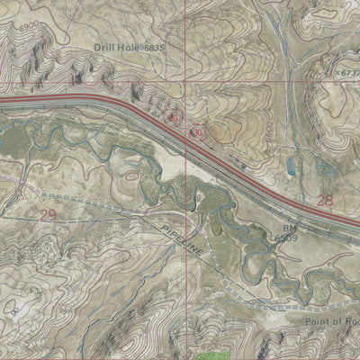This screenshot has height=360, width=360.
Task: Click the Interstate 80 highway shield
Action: click(x=176, y=118)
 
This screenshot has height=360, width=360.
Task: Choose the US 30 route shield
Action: click(x=194, y=130)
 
